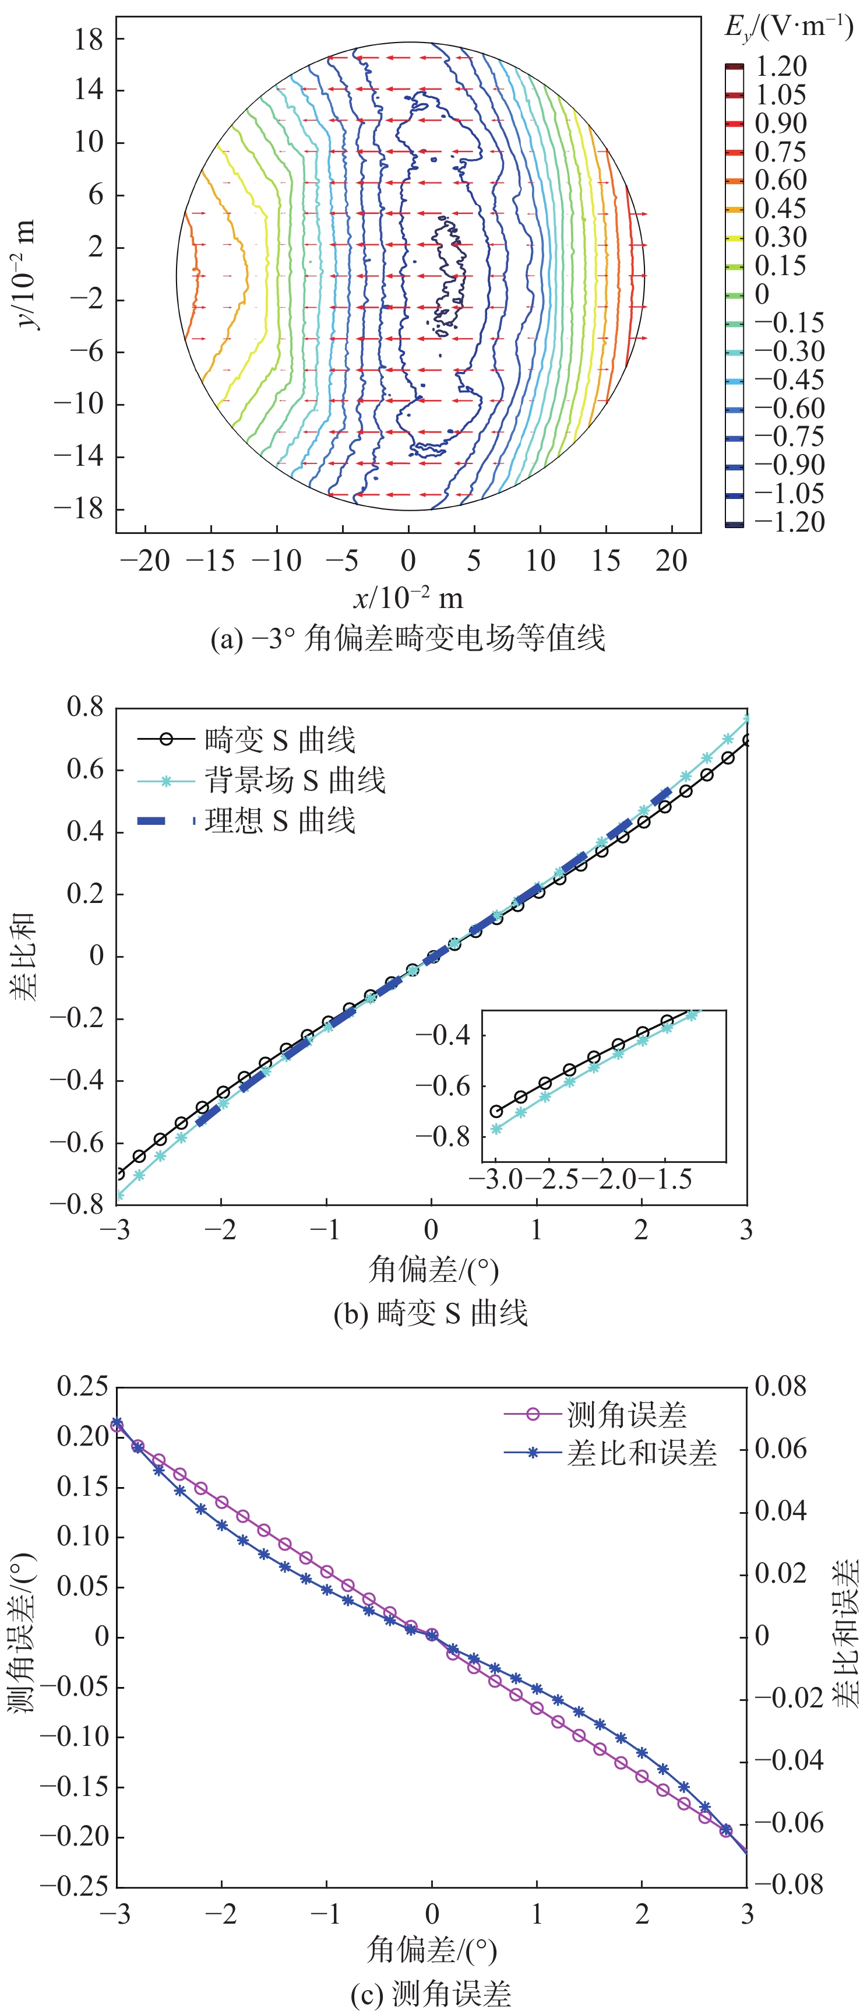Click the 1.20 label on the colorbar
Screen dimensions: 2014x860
[780, 67]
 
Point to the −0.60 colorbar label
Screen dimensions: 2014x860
[789, 409]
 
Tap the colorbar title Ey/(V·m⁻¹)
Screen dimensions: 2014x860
[788, 28]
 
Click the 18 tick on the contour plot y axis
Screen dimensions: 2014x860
[89, 39]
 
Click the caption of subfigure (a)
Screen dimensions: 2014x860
[407, 638]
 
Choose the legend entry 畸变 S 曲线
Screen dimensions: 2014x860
[279, 740]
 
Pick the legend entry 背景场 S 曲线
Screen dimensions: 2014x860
[295, 781]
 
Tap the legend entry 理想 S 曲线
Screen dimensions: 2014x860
[279, 821]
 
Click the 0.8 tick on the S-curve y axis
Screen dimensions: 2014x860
[84, 708]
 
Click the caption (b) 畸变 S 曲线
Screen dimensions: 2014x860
[430, 1313]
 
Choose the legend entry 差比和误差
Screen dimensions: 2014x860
[641, 1453]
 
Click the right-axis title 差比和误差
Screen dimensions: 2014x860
[844, 1634]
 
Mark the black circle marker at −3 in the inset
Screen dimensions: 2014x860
[496, 1111]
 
